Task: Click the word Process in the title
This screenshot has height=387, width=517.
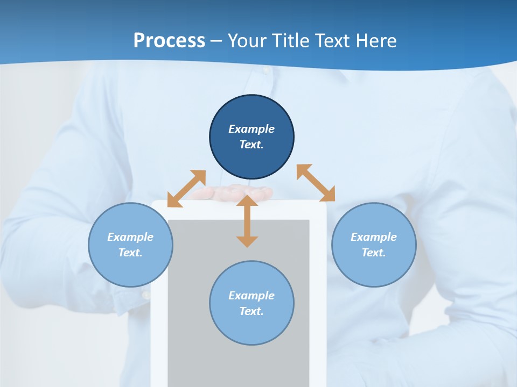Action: (x=169, y=41)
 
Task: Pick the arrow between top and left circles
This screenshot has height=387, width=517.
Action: (x=186, y=189)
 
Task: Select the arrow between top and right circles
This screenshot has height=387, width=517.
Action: (x=316, y=183)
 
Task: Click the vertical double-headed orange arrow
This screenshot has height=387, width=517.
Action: (x=247, y=221)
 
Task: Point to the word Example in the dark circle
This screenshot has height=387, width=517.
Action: (x=251, y=129)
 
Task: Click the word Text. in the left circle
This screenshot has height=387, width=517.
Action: (x=130, y=253)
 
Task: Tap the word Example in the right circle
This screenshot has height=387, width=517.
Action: (x=374, y=237)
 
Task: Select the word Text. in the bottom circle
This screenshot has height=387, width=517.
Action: (x=251, y=311)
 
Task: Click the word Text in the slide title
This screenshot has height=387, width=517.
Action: (x=332, y=41)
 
